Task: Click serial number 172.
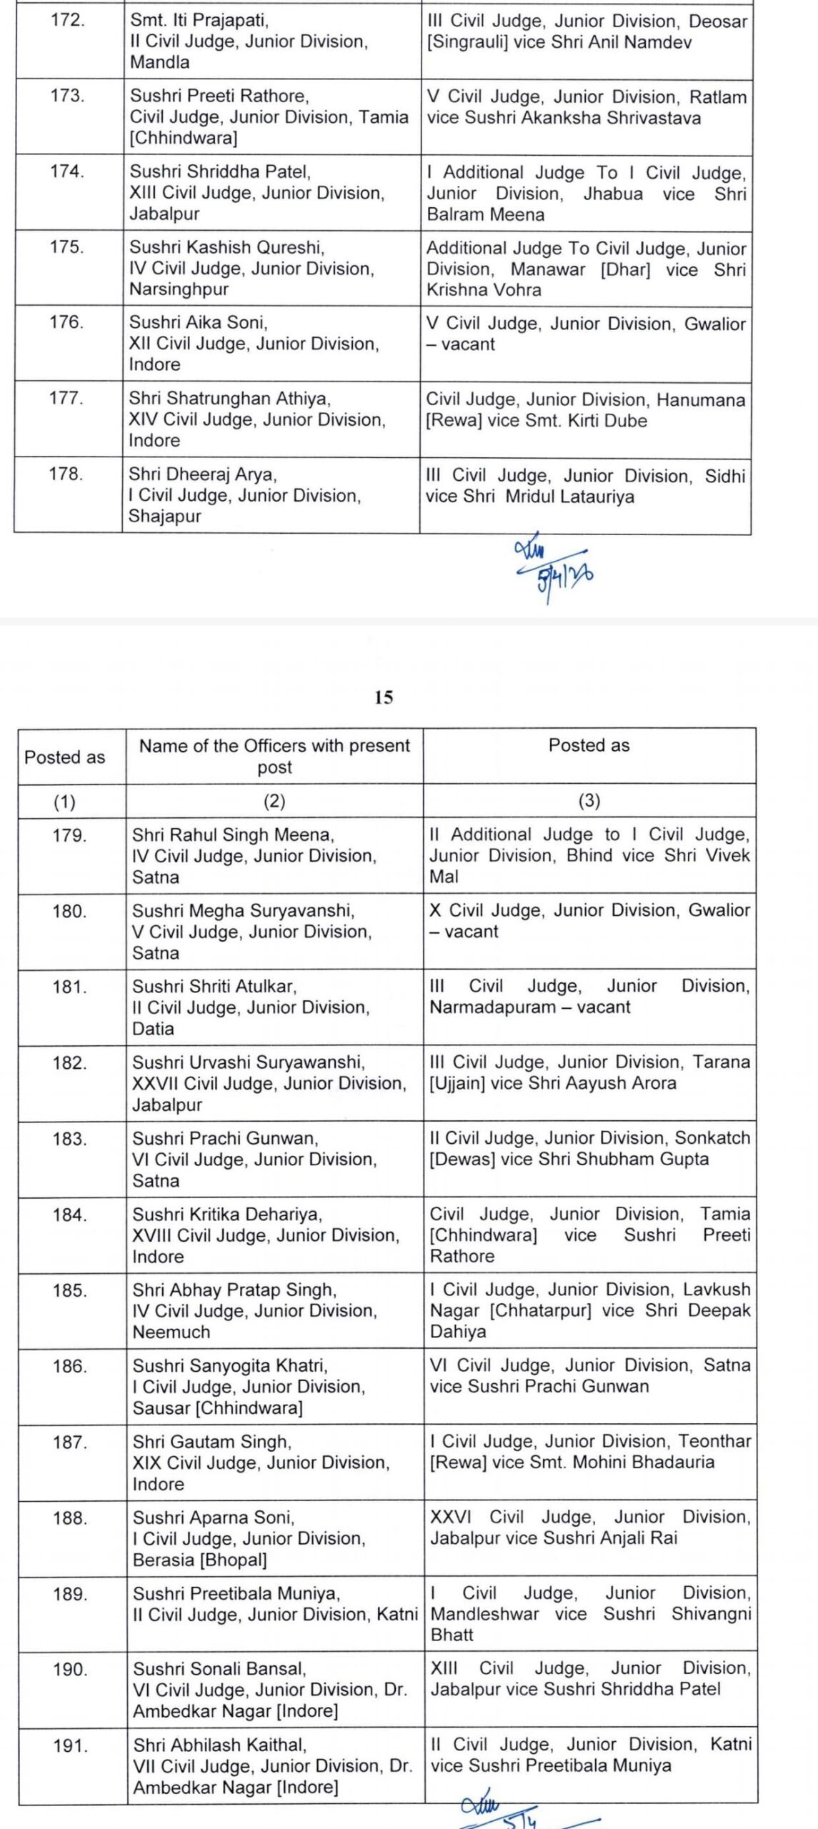(68, 20)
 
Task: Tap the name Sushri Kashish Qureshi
(226, 247)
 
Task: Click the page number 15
(384, 697)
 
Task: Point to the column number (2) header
(274, 802)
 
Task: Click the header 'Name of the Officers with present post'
(274, 756)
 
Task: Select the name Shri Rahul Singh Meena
(233, 834)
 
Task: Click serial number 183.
(69, 1139)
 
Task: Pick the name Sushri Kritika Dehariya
(227, 1215)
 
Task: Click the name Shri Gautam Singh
(211, 1442)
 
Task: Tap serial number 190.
(70, 1670)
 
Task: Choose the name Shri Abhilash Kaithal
(220, 1745)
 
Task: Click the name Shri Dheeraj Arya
(202, 474)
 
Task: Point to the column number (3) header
(589, 802)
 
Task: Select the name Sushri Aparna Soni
(214, 1517)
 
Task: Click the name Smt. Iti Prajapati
(199, 20)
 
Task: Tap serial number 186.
(70, 1366)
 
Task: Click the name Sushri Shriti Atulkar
(214, 987)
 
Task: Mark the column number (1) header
(65, 802)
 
